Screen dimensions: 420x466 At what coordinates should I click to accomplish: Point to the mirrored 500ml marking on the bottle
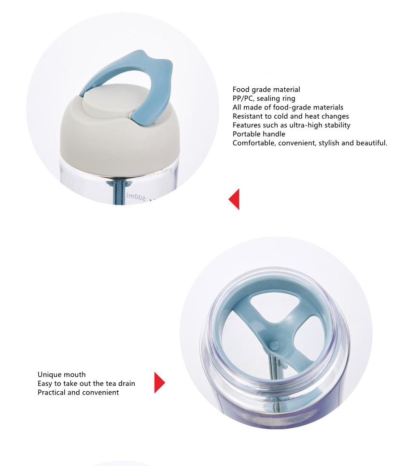[136, 196]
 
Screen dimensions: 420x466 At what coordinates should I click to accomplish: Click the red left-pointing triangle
[234, 199]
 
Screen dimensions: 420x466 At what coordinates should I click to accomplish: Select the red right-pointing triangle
[160, 383]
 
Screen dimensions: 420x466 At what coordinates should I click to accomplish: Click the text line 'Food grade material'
[266, 89]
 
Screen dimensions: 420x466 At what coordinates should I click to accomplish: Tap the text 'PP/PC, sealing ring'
[264, 98]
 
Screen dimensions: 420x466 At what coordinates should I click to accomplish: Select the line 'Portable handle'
[259, 134]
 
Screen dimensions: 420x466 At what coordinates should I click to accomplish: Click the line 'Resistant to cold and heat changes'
[291, 116]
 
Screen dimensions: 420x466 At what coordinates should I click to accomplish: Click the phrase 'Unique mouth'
[62, 374]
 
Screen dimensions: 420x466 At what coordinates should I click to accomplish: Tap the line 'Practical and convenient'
[78, 392]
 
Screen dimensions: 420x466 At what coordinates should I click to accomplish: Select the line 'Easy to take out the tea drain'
[86, 384]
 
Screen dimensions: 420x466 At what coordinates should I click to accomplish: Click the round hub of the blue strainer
[274, 345]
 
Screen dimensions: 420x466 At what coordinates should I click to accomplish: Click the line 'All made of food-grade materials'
[288, 107]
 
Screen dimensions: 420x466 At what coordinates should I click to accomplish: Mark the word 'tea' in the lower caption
[111, 384]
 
